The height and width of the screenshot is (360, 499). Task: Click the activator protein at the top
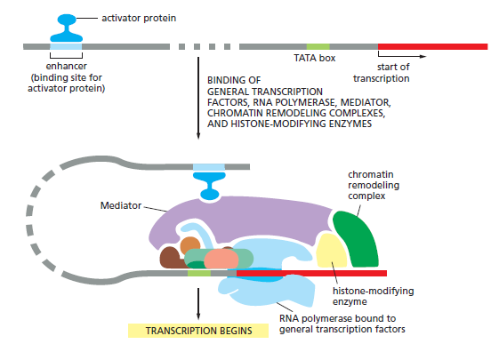[67, 28]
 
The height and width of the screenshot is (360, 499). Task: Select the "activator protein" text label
[139, 18]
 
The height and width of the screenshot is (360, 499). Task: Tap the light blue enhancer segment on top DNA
[66, 47]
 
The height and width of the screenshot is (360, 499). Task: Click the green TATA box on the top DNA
[318, 47]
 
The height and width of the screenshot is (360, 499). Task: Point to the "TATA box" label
[314, 58]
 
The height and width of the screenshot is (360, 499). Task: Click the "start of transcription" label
[382, 73]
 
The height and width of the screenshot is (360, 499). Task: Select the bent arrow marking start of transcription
[402, 56]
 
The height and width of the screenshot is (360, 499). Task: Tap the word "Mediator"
[121, 205]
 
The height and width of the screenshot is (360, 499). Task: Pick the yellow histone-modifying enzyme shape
[331, 252]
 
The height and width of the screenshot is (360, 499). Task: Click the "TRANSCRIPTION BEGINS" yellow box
[198, 331]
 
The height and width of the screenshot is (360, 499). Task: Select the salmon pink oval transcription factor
[221, 259]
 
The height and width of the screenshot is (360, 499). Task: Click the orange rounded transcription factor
[190, 245]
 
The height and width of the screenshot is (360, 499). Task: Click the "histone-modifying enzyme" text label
[373, 296]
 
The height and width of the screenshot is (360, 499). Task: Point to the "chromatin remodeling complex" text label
[374, 185]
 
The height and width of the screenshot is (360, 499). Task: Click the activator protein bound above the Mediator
[209, 186]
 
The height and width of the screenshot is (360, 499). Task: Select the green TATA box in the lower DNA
[199, 273]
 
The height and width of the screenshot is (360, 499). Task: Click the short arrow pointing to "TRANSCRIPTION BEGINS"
[198, 304]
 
